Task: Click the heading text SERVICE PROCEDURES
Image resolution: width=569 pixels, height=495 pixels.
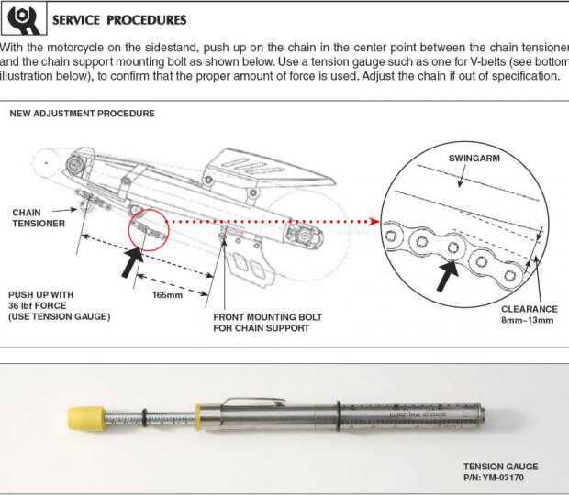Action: (x=119, y=19)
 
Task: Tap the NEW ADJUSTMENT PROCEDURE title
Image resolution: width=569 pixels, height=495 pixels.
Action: (x=82, y=114)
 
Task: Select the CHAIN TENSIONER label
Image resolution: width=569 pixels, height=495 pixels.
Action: (x=37, y=218)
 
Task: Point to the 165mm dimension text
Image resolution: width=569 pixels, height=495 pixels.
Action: (x=168, y=294)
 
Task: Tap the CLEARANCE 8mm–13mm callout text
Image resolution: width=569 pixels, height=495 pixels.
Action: (x=528, y=314)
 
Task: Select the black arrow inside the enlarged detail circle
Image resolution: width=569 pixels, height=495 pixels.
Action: (x=447, y=275)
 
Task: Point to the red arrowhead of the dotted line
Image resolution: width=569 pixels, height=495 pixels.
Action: (x=376, y=221)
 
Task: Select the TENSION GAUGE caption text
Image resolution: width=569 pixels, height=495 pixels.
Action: (x=500, y=466)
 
